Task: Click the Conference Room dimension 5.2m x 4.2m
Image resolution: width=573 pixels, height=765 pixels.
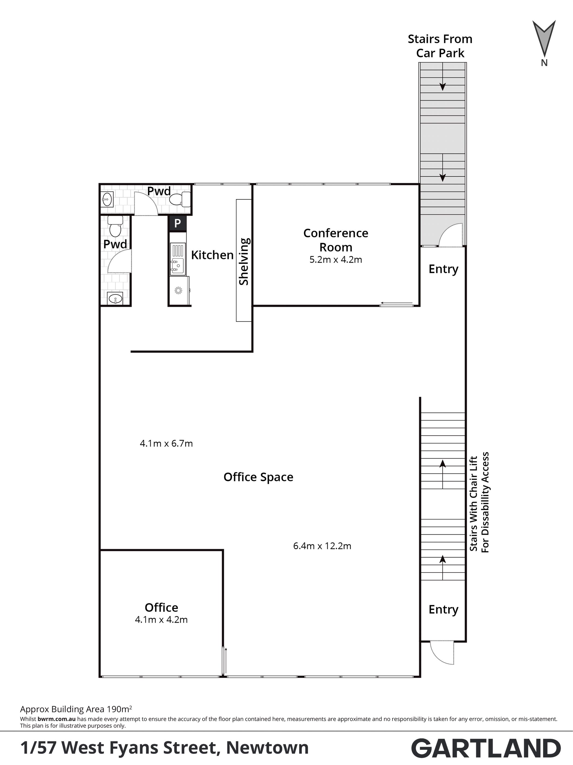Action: [x=336, y=259]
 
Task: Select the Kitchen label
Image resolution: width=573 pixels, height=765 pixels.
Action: [x=212, y=255]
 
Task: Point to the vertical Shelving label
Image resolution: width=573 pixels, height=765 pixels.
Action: [x=244, y=262]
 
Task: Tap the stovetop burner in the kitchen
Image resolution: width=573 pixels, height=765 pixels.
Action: [x=178, y=290]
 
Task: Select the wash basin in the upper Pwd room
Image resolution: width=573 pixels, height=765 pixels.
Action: [x=107, y=199]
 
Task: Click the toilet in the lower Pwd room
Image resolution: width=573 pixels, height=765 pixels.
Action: [x=115, y=226]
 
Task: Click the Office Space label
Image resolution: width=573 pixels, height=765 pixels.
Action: [x=258, y=477]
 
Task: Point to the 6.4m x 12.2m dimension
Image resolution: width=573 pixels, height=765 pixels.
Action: [x=322, y=546]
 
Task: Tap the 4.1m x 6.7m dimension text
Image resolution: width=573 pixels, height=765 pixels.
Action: [x=166, y=443]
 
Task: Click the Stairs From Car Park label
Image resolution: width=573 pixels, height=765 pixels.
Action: [x=440, y=46]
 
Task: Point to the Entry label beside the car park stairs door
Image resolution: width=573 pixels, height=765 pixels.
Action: [x=443, y=269]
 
